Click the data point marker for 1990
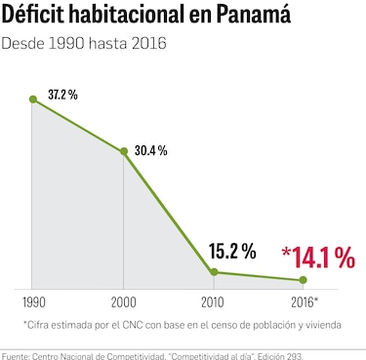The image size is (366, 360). [33, 99]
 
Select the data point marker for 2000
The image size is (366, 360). [123, 152]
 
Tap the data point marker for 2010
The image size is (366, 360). [214, 272]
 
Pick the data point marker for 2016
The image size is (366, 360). [303, 281]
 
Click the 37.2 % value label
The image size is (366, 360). [62, 94]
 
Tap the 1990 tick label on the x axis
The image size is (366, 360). [32, 301]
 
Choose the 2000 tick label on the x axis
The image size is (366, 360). [123, 301]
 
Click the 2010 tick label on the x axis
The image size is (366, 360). [213, 301]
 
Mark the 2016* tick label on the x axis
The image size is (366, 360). [305, 301]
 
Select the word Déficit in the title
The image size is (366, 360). [37, 17]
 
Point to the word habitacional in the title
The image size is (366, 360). [137, 17]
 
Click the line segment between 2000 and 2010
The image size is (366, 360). [168, 213]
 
